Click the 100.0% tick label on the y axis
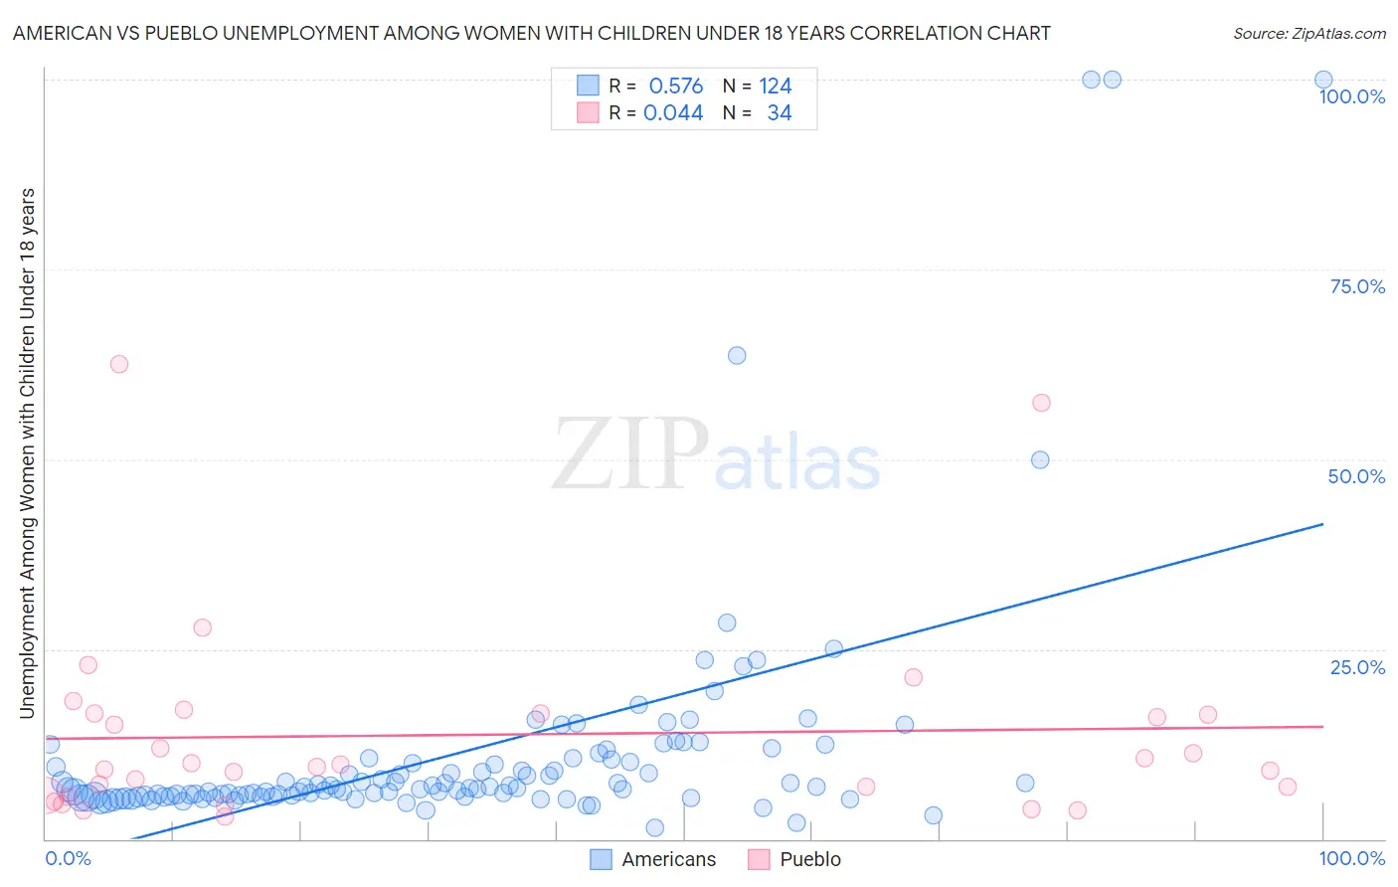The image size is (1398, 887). pos(1351,96)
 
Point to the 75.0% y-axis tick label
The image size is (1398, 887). pos(1357,286)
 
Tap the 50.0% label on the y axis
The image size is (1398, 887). pos(1356,476)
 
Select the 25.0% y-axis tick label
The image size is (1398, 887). pos(1357,666)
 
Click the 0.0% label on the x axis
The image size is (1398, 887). pos(68,858)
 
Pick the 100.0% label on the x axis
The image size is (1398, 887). pos(1352,858)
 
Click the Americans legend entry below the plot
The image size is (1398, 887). pos(668,859)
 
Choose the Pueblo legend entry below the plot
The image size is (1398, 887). pos(809,859)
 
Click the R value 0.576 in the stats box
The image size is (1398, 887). pos(675,86)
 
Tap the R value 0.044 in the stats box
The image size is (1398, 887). pos(673,112)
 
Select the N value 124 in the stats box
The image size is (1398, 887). pos(776,86)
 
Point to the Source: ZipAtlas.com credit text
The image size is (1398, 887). pos(1309,33)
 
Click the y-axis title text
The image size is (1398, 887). pos(27,452)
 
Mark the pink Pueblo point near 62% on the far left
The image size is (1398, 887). pos(119,364)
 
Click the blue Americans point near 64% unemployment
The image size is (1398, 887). pos(737,355)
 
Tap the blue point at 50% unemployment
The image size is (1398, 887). pos(1040,459)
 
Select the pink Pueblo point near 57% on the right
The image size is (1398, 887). pos(1041,403)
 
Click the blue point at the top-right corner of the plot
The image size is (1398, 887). pos(1323,80)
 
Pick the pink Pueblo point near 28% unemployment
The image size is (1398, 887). pos(203,627)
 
